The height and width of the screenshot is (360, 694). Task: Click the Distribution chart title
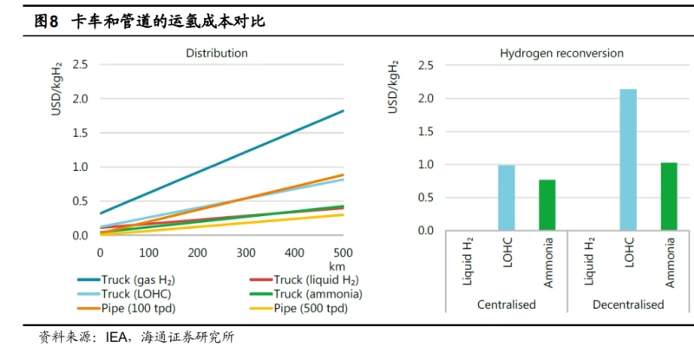pyautogui.click(x=217, y=53)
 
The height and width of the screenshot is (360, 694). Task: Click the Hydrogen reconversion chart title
pyautogui.click(x=561, y=53)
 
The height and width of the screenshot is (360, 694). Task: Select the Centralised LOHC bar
pyautogui.click(x=506, y=198)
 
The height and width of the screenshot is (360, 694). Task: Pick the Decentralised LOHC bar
pyautogui.click(x=628, y=160)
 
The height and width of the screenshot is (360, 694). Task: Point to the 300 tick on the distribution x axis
pyautogui.click(x=246, y=252)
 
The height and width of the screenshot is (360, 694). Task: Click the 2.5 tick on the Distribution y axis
pyautogui.click(x=81, y=64)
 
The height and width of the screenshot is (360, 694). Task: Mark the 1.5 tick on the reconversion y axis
pyautogui.click(x=426, y=131)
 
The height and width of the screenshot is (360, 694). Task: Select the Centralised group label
pyautogui.click(x=506, y=304)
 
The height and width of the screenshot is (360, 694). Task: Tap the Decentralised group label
pyautogui.click(x=628, y=304)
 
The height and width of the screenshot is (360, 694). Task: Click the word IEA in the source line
pyautogui.click(x=107, y=337)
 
